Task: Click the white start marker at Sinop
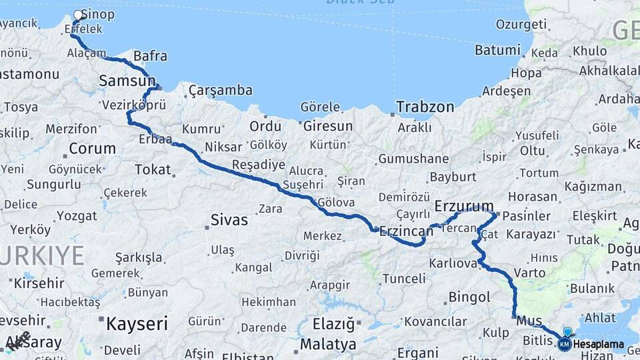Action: tap(79, 15)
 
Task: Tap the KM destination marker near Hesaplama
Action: tap(565, 344)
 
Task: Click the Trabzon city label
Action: tap(425, 107)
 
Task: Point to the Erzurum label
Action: tap(464, 205)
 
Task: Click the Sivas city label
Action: tap(229, 219)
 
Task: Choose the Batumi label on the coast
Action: tap(497, 50)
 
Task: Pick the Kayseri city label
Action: tap(137, 325)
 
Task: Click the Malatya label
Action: tap(328, 345)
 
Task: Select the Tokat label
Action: tap(153, 169)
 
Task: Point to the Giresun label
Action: tap(327, 125)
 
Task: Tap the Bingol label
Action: tap(470, 296)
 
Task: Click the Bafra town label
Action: tap(150, 56)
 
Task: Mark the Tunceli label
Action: tap(403, 277)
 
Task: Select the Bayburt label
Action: tap(453, 177)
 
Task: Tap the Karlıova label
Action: tap(453, 263)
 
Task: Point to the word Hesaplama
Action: tap(599, 345)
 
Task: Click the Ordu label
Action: tap(265, 126)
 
